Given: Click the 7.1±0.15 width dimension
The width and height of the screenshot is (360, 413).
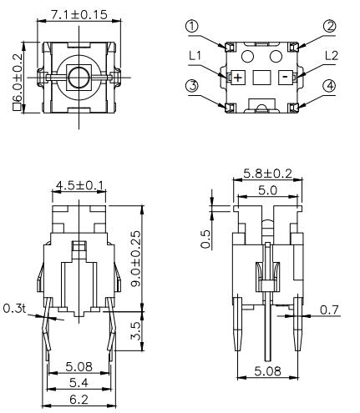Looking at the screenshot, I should click(x=79, y=15).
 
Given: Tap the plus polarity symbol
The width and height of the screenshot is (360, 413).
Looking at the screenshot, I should click(x=237, y=77).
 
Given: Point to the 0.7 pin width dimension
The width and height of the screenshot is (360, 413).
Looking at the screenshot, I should click(x=329, y=310).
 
